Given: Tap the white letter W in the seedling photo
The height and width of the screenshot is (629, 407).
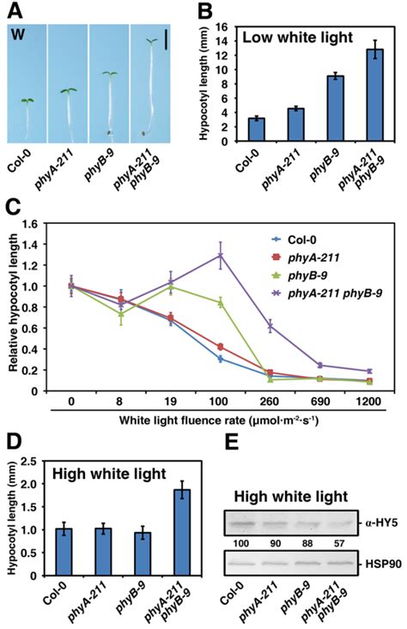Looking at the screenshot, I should tap(18, 35).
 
